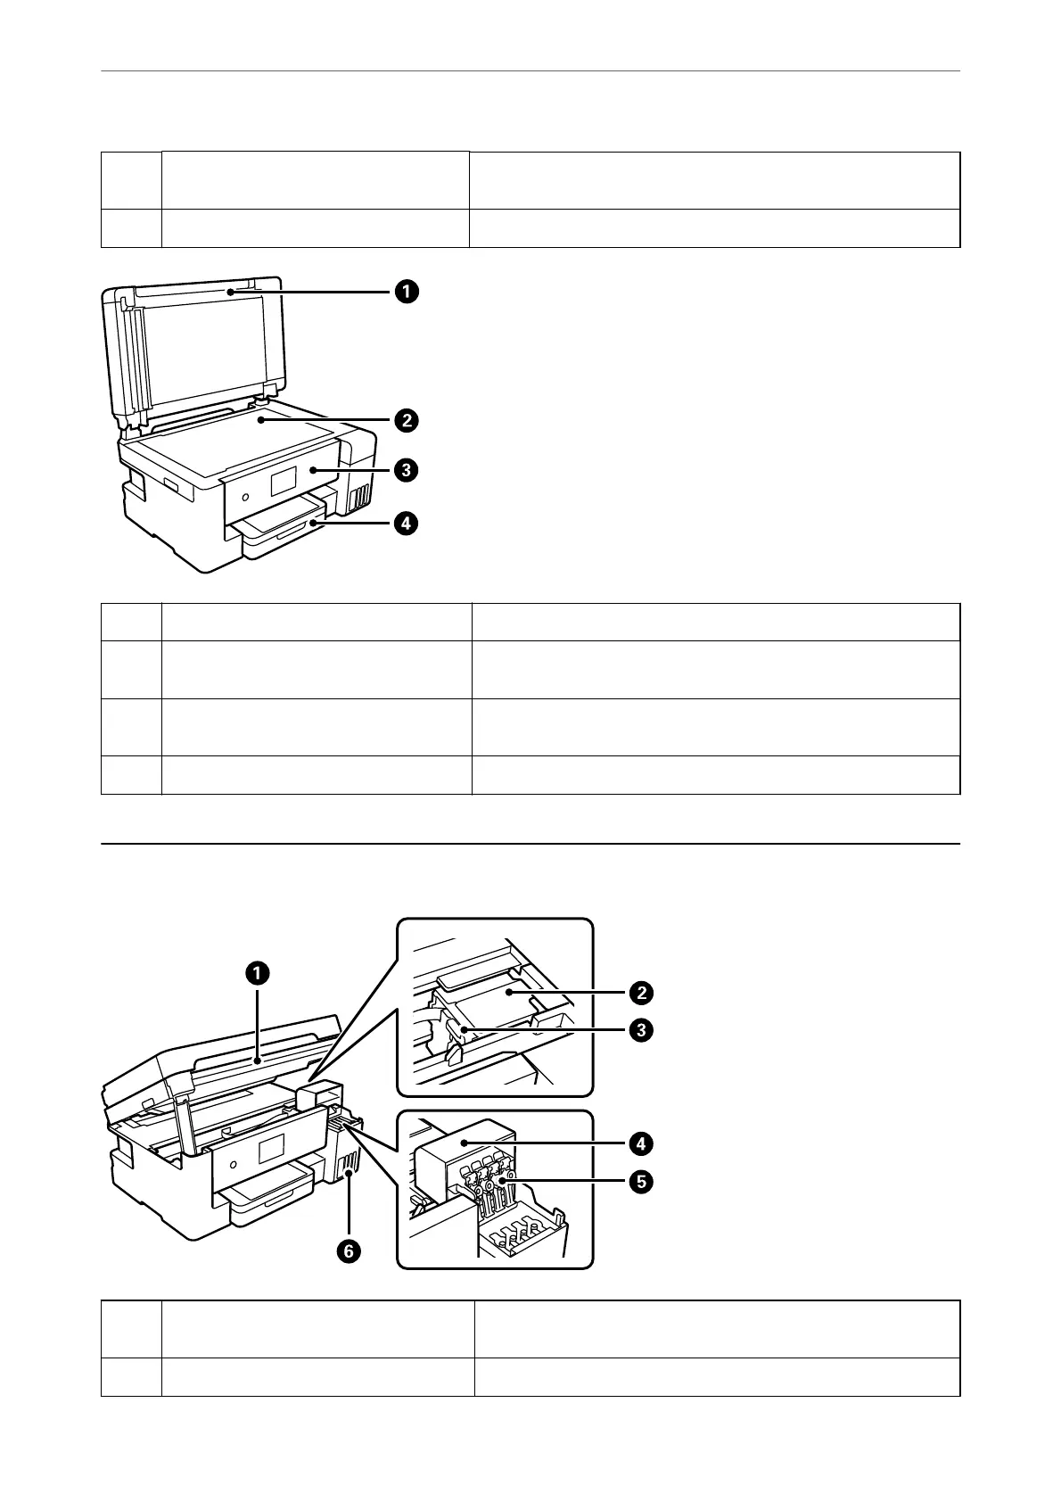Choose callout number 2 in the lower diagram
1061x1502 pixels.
pos(640,992)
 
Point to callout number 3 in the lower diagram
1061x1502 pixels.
pos(640,1031)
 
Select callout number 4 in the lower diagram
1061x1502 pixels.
pos(640,1143)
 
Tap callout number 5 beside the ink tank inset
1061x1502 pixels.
pos(640,1183)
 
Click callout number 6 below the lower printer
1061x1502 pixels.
pos(349,1251)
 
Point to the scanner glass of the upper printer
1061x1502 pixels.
pos(232,437)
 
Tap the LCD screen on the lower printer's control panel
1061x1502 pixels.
pos(270,1149)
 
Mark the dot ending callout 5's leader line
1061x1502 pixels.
pos(502,1179)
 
